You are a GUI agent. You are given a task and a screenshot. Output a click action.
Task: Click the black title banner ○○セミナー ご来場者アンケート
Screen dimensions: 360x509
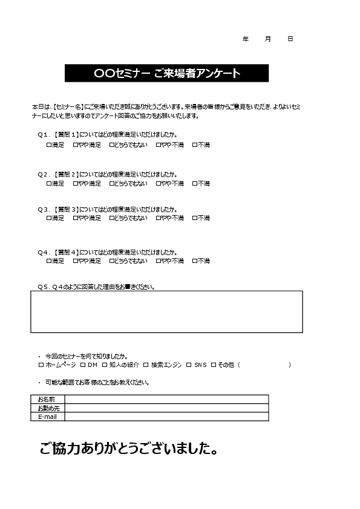coord(166,73)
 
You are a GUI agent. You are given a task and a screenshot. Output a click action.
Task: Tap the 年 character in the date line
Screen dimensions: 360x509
coord(245,39)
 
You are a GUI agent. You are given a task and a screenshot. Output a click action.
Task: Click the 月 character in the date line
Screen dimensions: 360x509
coord(267,39)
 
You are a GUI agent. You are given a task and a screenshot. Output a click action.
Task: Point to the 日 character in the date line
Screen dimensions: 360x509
coord(290,39)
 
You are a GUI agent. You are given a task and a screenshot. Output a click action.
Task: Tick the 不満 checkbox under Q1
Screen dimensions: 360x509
coord(195,145)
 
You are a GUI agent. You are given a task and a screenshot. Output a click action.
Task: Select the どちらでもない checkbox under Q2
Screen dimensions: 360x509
coord(112,184)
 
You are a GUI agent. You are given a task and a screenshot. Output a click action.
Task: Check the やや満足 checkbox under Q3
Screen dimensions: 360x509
coord(76,218)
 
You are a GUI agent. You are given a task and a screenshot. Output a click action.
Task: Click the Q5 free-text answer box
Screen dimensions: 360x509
coord(166,311)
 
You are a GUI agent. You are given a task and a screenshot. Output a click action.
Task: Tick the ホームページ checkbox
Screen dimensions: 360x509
coord(41,365)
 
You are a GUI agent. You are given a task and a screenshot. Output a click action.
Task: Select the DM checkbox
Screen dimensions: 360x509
coord(83,365)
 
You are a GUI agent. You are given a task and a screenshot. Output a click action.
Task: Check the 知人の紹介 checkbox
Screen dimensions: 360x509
coord(105,365)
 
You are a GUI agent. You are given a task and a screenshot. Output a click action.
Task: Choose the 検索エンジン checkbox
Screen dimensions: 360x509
coord(146,365)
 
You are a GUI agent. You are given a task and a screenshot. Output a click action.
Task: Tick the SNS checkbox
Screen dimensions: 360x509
coord(189,365)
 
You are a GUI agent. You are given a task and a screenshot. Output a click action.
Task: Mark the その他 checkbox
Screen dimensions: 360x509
coord(214,365)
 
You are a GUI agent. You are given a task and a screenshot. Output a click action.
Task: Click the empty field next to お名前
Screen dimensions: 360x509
coord(166,399)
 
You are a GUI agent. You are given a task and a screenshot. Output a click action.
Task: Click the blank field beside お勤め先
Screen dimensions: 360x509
coord(166,408)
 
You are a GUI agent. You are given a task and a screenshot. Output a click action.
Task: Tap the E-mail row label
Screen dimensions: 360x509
coord(47,417)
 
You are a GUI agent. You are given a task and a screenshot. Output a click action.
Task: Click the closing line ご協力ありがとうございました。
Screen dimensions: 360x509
coord(128,449)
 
